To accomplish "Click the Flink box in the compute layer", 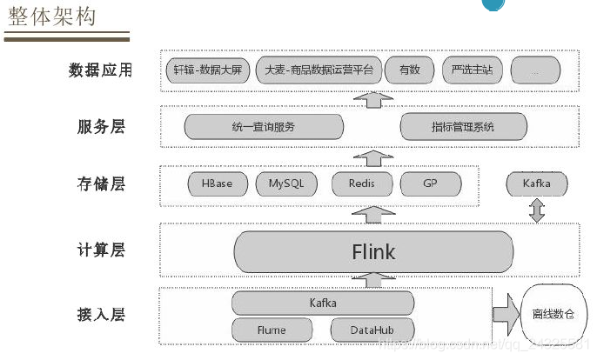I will point(373,252).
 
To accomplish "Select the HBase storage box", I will point(217,184).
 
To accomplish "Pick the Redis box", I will point(361,184).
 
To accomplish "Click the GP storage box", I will point(430,184).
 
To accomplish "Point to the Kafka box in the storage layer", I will point(536,184).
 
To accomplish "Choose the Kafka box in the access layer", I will point(323,303).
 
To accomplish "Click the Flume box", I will point(272,330).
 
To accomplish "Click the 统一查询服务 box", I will point(264,127).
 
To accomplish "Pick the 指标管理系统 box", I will point(463,127).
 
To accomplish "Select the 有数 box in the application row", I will point(409,70).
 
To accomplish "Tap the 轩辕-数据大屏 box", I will point(208,70).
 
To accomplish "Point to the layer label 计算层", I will point(101,250).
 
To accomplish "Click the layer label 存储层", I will point(101,183).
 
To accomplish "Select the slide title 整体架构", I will point(51,17).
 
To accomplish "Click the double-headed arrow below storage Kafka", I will point(537,210).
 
